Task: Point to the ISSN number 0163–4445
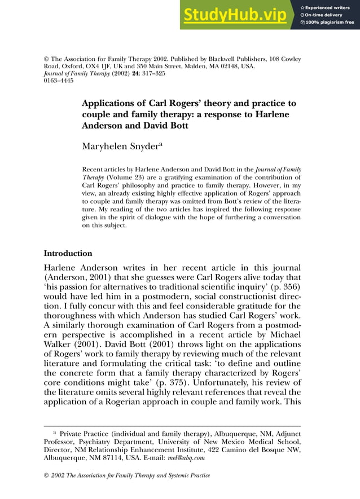pyautogui.click(x=58, y=81)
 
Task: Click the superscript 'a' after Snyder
pyautogui.click(x=160, y=144)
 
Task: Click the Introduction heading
pyautogui.click(x=68, y=253)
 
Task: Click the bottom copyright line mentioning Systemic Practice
pyautogui.click(x=127, y=475)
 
